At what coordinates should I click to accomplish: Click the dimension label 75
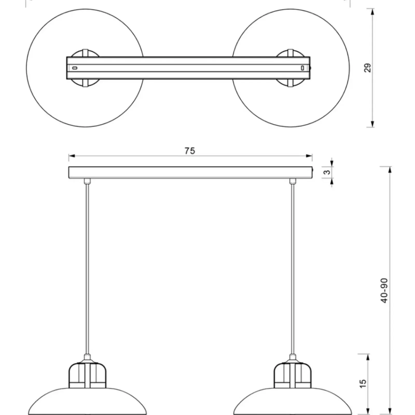pos(190,151)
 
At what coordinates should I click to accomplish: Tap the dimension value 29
pos(368,68)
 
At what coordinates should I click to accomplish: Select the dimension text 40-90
pos(384,290)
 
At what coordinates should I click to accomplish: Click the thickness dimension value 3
pos(328,172)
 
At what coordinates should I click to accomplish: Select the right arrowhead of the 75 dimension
pos(309,156)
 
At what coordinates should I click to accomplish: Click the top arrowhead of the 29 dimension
pos(372,12)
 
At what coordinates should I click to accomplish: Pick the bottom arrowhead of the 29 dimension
pos(372,124)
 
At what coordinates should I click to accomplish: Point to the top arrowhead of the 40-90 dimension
pos(389,170)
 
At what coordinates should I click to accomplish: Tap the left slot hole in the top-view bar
pos(74,68)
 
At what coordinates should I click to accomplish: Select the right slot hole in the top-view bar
pos(302,68)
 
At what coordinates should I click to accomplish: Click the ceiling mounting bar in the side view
pos(191,172)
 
